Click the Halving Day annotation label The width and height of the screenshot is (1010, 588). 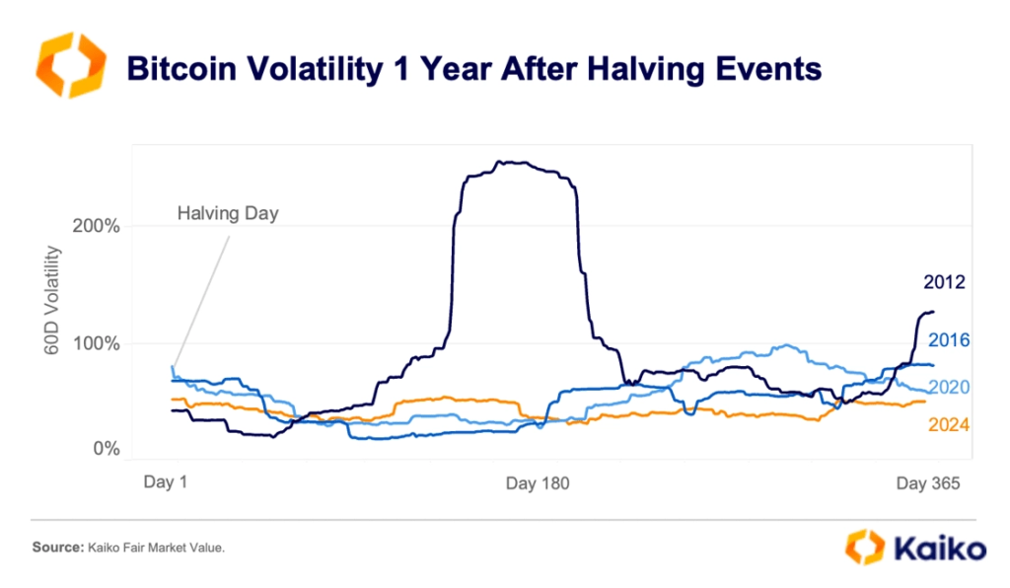(x=228, y=213)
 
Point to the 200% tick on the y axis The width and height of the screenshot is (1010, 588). (x=96, y=226)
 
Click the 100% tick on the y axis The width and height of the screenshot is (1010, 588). (x=96, y=344)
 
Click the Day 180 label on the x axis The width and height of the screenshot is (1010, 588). (x=538, y=483)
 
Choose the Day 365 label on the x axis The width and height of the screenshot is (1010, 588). (x=927, y=483)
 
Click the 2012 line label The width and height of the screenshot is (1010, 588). (x=944, y=283)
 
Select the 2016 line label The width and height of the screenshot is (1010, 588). (x=950, y=340)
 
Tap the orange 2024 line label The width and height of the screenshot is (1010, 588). (x=950, y=425)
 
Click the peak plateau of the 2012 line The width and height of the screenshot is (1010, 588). (x=513, y=165)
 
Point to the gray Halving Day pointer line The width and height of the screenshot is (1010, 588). (x=202, y=296)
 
